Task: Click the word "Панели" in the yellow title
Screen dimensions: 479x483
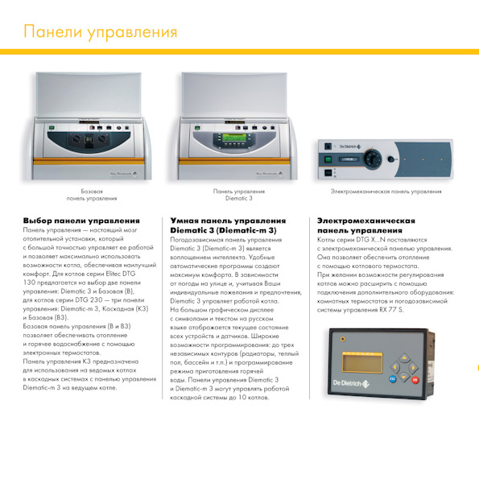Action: tap(53, 31)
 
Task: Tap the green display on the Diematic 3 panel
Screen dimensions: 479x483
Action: tap(234, 138)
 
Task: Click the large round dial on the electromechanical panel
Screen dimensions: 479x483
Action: tap(373, 159)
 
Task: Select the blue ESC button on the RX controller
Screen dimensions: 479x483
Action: tap(392, 378)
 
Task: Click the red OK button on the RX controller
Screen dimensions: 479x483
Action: tap(415, 380)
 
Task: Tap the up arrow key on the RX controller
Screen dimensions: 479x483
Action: tap(404, 358)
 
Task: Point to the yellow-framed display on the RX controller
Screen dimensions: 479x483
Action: tap(362, 362)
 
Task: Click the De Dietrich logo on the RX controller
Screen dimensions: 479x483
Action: tap(351, 383)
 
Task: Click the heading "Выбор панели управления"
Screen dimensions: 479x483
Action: tap(81, 221)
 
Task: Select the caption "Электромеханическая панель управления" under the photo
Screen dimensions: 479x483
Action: tap(386, 192)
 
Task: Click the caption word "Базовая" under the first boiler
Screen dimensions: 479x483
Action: tap(92, 192)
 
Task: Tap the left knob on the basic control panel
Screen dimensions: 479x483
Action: tap(76, 138)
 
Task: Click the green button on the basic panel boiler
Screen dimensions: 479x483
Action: tap(52, 127)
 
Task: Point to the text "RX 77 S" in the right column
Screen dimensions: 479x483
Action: tap(391, 310)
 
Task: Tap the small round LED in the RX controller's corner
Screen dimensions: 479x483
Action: tap(342, 339)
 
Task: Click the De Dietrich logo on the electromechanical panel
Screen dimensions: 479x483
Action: tap(350, 147)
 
